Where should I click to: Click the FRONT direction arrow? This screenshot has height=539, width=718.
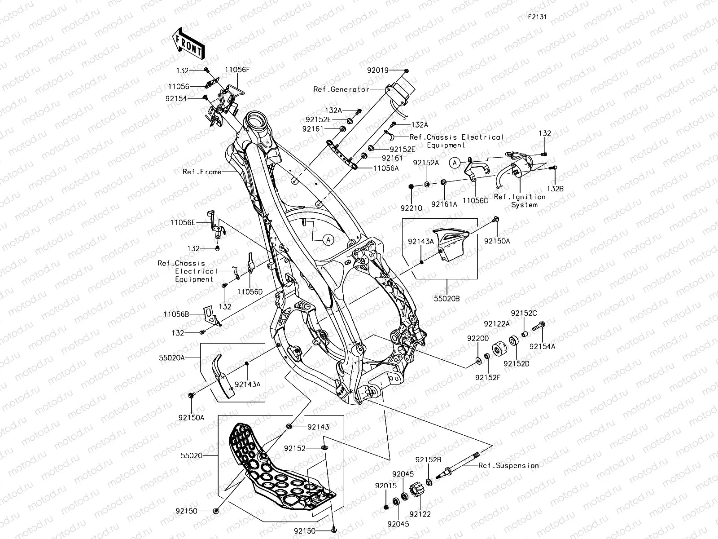point(188,44)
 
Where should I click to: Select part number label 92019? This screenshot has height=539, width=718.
point(378,70)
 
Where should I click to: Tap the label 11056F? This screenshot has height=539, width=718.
point(237,70)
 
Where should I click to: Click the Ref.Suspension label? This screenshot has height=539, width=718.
point(508,465)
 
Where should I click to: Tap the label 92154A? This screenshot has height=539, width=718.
point(542,346)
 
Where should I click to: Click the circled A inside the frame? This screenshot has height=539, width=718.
point(328,239)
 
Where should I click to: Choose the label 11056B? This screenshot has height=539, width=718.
point(176,314)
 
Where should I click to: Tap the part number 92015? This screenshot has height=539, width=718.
point(386,486)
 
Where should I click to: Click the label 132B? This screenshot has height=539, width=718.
point(555,189)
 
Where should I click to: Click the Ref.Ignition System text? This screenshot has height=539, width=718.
point(520,200)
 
